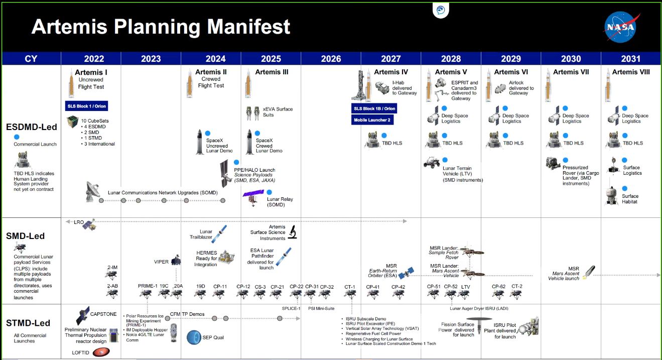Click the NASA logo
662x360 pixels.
(621, 27)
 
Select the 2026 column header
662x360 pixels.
(331, 59)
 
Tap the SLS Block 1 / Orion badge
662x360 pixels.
(87, 106)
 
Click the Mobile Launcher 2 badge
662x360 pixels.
(372, 120)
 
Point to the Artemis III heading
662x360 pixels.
(272, 72)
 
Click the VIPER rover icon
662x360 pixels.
(176, 260)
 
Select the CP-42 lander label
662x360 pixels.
(398, 287)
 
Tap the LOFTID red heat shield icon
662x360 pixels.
(101, 352)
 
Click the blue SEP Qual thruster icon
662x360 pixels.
(194, 337)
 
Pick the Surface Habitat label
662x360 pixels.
(630, 199)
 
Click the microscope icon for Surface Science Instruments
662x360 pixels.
(293, 232)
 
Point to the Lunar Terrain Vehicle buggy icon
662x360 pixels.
(432, 163)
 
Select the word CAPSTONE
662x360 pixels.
(103, 314)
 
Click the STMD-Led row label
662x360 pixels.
(28, 323)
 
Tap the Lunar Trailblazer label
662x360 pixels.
(201, 234)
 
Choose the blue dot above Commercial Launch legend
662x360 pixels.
(17, 137)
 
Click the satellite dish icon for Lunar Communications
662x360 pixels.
(92, 191)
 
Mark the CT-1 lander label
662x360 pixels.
(350, 287)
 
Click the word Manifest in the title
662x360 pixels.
(248, 27)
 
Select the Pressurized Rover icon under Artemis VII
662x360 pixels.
(553, 163)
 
